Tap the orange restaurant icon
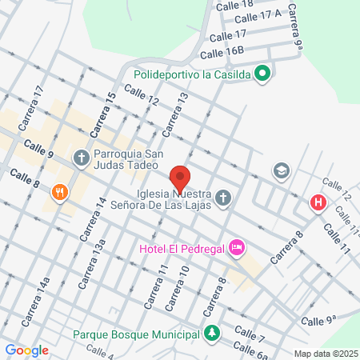[59, 193]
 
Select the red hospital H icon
[318, 203]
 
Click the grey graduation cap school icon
[281, 170]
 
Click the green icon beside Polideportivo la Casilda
[263, 74]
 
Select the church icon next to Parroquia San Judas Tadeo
[82, 158]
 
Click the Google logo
[27, 350]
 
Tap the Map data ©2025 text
[324, 354]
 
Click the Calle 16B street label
[222, 53]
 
